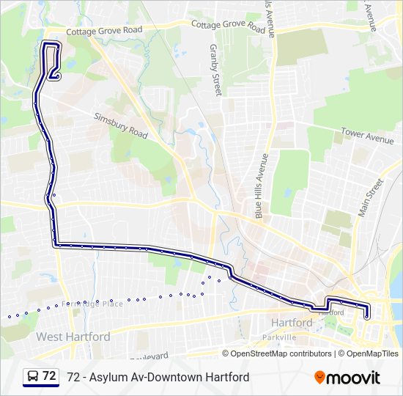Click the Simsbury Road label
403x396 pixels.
(x=120, y=125)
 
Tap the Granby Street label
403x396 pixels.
(x=215, y=70)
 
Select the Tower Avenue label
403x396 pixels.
(x=367, y=136)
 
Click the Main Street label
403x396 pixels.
(x=371, y=197)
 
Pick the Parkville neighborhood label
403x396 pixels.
(x=280, y=337)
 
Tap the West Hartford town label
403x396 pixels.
(x=73, y=337)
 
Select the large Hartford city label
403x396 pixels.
(x=292, y=323)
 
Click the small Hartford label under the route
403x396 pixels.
(x=331, y=312)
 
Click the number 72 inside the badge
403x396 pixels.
(x=49, y=376)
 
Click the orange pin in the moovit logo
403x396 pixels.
(x=320, y=378)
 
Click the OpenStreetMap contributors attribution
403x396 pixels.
(x=281, y=353)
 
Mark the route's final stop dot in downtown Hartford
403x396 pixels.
(x=366, y=317)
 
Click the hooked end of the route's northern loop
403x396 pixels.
(x=54, y=74)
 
